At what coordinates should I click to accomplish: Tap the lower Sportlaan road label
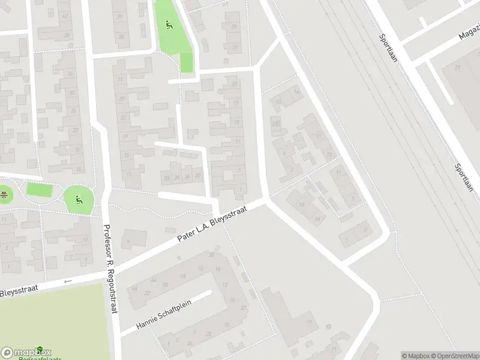(463, 178)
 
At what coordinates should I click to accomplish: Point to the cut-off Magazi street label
(469, 34)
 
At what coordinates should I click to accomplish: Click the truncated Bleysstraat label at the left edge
(19, 290)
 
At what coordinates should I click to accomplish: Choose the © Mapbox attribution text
(413, 356)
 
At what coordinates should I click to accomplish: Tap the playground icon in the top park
(169, 25)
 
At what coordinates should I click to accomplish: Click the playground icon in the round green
(78, 198)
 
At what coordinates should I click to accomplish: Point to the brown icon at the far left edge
(4, 194)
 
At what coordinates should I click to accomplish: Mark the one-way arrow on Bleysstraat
(67, 281)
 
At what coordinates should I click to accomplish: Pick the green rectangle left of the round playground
(39, 190)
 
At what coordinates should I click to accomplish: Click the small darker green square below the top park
(187, 62)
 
